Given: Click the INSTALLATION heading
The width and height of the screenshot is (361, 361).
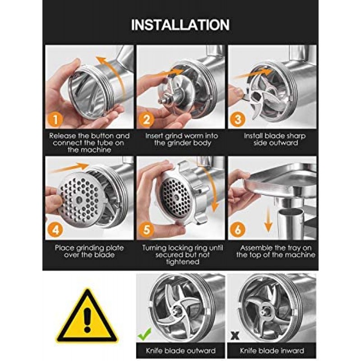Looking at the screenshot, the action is [x=180, y=25].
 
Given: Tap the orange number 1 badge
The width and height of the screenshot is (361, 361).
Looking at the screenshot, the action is [x=55, y=119].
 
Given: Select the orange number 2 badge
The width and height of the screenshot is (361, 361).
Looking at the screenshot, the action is [x=146, y=119].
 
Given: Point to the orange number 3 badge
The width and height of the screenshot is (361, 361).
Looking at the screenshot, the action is [x=238, y=119].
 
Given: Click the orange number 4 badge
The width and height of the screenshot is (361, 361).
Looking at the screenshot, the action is [x=55, y=230].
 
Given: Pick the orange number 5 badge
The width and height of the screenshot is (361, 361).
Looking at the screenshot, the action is [x=146, y=230].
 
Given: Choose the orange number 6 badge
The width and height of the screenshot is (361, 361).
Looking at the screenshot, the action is [x=238, y=230].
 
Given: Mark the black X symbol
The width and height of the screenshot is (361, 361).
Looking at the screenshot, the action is [x=235, y=336].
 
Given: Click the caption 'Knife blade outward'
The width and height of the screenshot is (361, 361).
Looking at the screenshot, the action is [x=181, y=351].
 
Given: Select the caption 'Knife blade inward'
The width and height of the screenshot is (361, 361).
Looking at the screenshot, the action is [x=272, y=351].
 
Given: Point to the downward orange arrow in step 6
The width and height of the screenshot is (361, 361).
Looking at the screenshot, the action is [x=268, y=220].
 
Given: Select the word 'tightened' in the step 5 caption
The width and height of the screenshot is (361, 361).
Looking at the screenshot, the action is [x=183, y=262].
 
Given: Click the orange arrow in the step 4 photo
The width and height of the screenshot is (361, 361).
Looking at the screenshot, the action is [x=69, y=168].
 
